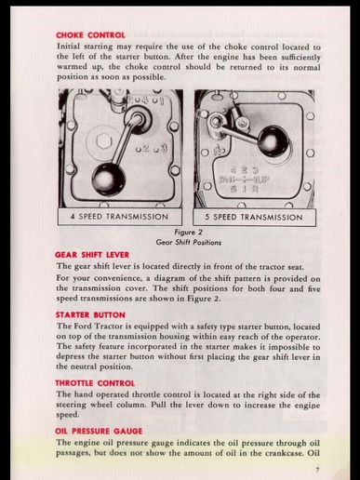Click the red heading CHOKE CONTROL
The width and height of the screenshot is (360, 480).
90,35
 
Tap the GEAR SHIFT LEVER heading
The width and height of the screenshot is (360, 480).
92,255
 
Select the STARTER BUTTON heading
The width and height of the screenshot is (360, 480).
90,315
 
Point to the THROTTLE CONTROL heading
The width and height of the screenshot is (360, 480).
95,383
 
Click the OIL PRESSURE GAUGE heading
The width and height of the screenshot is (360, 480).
99,432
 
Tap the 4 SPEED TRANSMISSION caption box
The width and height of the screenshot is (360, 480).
120,217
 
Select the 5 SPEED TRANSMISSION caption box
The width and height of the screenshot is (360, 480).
254,217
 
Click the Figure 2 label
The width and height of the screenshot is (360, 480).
188,232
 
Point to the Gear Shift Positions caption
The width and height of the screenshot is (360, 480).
189,242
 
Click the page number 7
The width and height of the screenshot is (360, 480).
317,470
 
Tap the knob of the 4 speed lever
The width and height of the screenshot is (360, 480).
109,180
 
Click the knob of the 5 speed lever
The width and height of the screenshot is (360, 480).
273,141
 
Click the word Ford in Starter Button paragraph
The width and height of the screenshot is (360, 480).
83,327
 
